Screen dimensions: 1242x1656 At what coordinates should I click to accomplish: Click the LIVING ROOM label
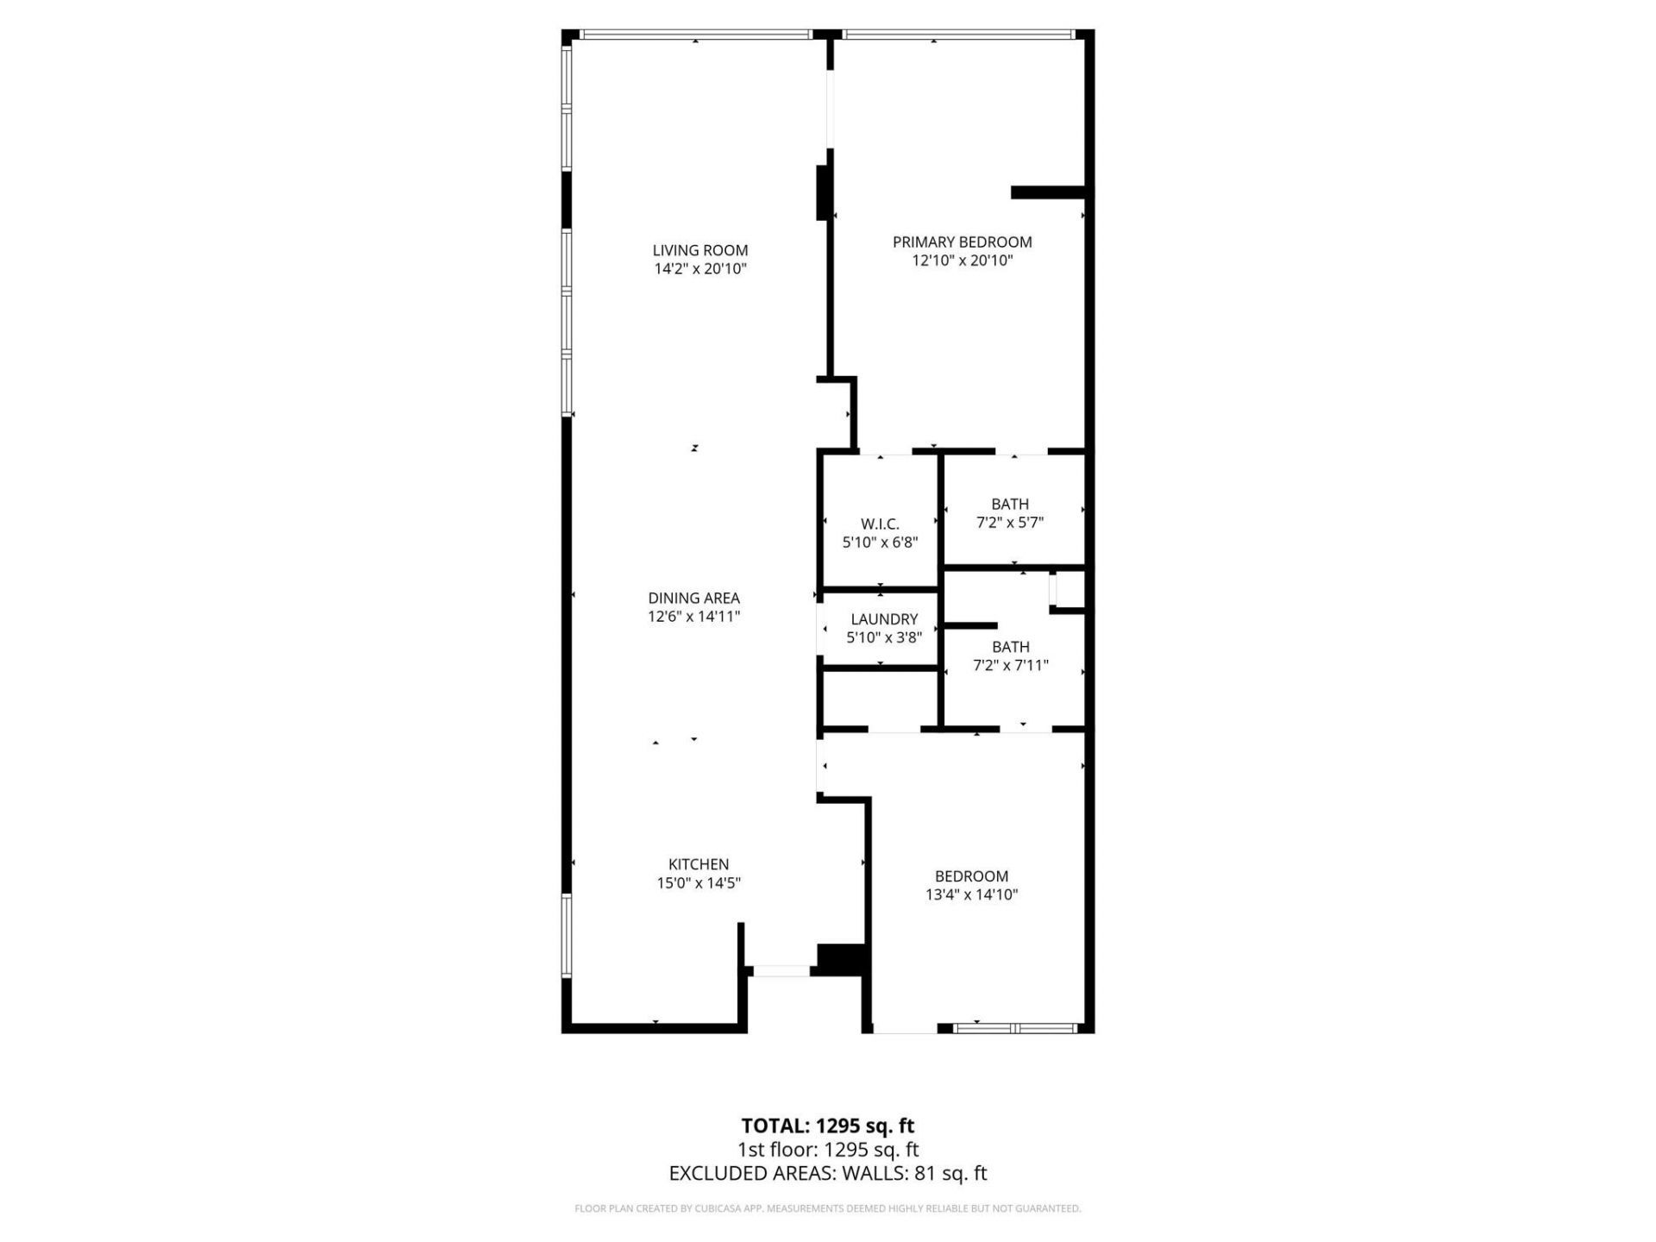[699, 251]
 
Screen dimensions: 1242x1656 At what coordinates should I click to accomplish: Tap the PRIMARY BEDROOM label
[962, 242]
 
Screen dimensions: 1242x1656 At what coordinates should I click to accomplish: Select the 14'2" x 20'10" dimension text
[699, 269]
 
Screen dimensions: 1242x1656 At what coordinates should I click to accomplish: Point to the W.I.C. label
[880, 524]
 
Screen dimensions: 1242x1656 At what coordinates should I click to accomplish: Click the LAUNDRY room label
[884, 619]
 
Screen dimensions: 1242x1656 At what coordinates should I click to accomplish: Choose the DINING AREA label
[693, 598]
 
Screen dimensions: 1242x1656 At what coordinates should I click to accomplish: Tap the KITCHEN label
[699, 864]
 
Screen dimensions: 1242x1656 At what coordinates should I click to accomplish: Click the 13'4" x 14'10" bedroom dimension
[971, 894]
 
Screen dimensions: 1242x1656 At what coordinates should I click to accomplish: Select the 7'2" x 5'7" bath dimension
[1010, 522]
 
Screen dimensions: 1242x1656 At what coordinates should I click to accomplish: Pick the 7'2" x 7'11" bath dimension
[1010, 665]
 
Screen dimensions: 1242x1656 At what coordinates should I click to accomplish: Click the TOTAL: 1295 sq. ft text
[827, 1126]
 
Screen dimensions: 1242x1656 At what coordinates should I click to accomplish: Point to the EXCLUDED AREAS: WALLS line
[827, 1173]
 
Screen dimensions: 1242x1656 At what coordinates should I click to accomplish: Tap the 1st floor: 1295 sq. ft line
[827, 1150]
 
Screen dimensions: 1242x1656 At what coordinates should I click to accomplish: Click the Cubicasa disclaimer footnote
[827, 1208]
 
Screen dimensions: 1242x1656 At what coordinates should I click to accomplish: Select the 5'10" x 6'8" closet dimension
[880, 543]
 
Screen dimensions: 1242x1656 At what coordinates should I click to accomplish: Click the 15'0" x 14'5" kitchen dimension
[699, 882]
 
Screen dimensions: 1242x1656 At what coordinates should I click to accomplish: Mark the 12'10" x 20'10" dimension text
[962, 260]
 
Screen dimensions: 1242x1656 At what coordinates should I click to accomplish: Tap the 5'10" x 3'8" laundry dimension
[884, 637]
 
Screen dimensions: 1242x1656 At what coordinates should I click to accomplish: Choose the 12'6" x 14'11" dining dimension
[693, 616]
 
